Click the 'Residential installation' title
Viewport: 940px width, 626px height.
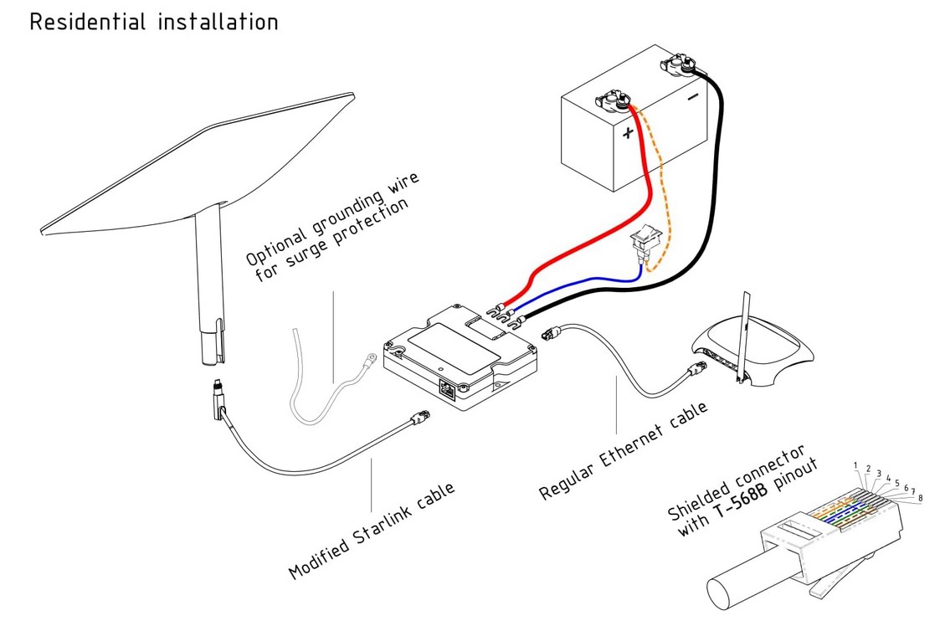tap(153, 22)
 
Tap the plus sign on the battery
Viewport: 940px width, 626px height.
tap(629, 133)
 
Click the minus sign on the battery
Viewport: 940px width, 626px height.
tap(693, 97)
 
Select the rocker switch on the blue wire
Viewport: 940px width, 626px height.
tap(645, 243)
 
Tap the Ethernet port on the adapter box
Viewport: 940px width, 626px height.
tap(449, 388)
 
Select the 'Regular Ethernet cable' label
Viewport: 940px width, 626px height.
tap(624, 452)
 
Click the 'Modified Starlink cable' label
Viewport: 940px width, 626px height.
tap(372, 531)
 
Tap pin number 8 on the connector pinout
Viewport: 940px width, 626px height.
tap(920, 499)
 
